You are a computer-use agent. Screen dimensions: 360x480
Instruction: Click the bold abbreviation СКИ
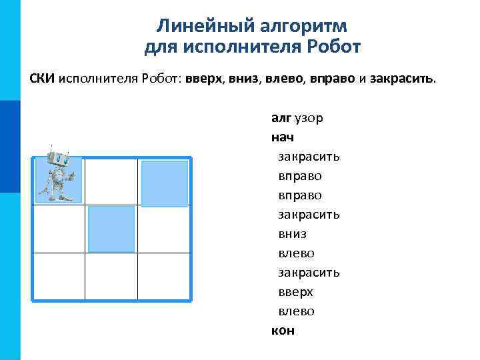point(43,79)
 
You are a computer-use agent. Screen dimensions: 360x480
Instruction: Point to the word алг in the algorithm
point(281,118)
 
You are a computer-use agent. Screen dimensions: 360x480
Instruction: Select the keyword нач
point(283,138)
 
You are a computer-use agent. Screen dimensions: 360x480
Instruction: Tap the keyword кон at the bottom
point(283,331)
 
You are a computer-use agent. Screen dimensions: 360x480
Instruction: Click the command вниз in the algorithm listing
point(293,234)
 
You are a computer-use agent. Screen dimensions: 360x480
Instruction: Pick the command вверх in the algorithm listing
point(295,292)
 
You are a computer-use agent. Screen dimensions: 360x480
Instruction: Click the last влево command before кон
point(296,311)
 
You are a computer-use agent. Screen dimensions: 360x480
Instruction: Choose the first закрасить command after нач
point(309,157)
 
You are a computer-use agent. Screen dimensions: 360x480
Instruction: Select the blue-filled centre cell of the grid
point(111,229)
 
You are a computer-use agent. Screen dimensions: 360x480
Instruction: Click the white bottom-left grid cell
point(59,276)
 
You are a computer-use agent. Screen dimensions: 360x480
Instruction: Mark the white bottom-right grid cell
point(164,276)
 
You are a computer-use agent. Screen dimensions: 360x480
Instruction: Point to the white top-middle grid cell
point(111,181)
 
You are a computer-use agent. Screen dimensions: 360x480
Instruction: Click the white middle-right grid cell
point(164,229)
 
